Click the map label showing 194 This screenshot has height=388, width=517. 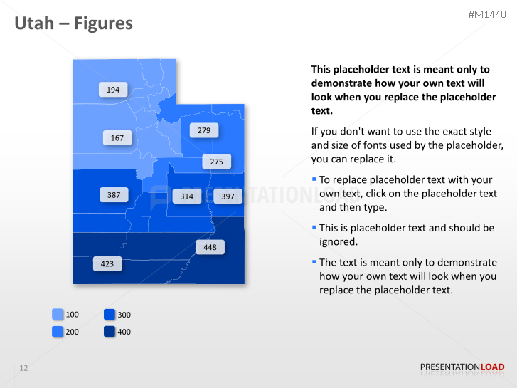pos(113,90)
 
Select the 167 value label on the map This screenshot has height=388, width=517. pos(117,138)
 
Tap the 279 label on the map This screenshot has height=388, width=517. pos(204,130)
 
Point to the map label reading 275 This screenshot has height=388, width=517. pos(217,162)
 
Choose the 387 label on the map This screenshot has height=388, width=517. pos(114,194)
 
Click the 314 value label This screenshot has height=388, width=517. pos(186,196)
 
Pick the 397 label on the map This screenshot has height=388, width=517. pos(228,196)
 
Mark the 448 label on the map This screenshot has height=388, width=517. pos(210,247)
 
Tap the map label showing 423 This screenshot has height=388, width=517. pos(107,263)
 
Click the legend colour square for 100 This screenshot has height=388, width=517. pos(58,315)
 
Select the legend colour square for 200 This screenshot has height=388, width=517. pos(58,332)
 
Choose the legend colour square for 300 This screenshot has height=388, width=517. pos(110,315)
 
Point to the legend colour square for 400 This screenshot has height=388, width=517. pos(110,332)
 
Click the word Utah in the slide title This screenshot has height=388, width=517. pos(34,23)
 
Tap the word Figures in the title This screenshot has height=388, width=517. pos(103,23)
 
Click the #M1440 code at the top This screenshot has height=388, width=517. pos(486,14)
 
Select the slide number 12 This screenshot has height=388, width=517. pos(23,368)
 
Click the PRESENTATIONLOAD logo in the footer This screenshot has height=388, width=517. pos(462,367)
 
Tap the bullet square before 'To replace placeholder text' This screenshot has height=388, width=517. pos(314,179)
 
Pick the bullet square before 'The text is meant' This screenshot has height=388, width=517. pos(314,262)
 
